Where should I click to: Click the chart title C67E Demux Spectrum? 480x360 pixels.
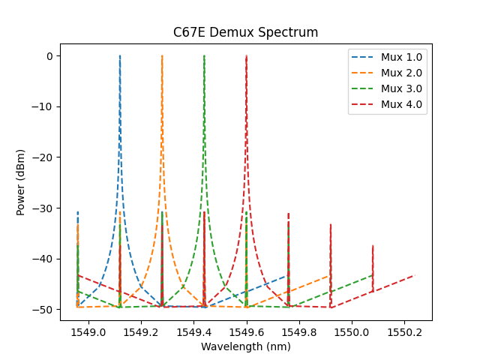click(245, 32)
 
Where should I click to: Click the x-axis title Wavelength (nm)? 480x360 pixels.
click(245, 346)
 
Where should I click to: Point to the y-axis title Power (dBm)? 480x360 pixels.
click(21, 181)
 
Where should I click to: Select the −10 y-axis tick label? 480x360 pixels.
click(44, 106)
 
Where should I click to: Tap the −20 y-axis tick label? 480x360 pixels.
click(44, 157)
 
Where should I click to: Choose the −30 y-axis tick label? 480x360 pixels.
click(44, 208)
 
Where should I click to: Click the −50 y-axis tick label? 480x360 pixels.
click(44, 309)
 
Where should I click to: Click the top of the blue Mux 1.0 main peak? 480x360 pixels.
click(120, 56)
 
